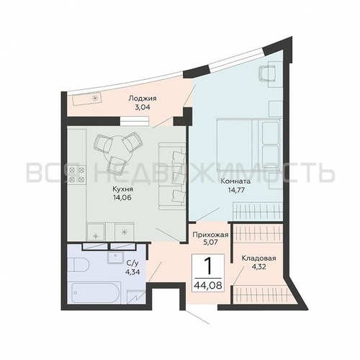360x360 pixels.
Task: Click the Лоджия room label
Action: pyautogui.click(x=143, y=98)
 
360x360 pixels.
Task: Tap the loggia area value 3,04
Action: pyautogui.click(x=143, y=107)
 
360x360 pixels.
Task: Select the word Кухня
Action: pyautogui.click(x=122, y=189)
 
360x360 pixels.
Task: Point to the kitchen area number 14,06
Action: pyautogui.click(x=123, y=198)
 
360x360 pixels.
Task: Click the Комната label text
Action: pyautogui.click(x=235, y=181)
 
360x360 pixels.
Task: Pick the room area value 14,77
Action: pyautogui.click(x=236, y=191)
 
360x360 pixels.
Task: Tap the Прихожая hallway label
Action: pyautogui.click(x=210, y=235)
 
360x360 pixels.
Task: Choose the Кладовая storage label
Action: pyautogui.click(x=258, y=258)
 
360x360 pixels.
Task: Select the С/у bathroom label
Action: pyautogui.click(x=132, y=263)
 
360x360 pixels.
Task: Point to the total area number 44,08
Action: pyautogui.click(x=208, y=285)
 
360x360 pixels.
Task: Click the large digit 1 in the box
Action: pyautogui.click(x=209, y=266)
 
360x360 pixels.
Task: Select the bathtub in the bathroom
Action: pyautogui.click(x=94, y=293)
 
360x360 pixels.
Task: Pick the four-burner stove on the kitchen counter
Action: pyautogui.click(x=77, y=174)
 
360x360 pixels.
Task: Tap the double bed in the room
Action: pyautogui.click(x=248, y=145)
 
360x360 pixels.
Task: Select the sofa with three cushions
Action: pyautogui.click(x=172, y=176)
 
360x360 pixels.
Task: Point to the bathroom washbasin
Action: pyautogui.click(x=116, y=257)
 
